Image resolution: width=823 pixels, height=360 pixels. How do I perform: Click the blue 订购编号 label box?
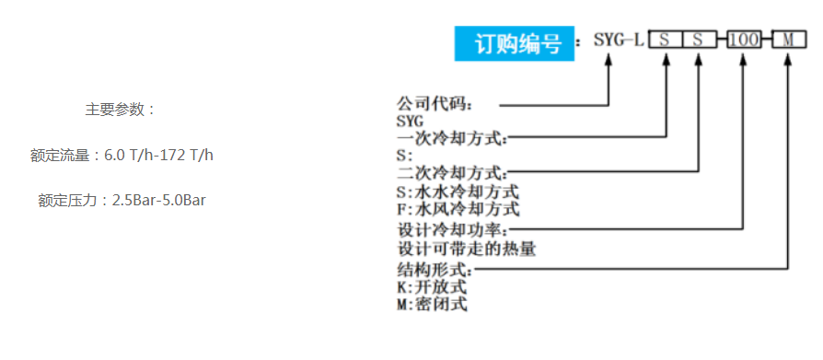pos(514,43)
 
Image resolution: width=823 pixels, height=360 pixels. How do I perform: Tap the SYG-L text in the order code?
pos(618,41)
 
